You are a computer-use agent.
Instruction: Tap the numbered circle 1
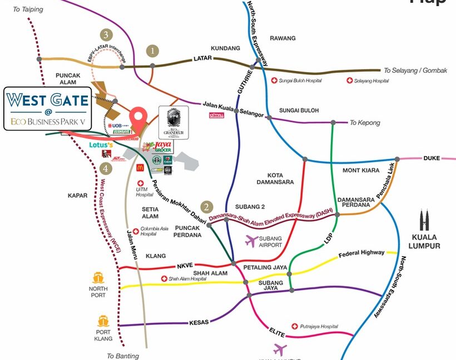pos(152,50)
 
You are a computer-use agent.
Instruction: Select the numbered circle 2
pos(206,207)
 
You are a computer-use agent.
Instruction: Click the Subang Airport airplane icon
pos(251,241)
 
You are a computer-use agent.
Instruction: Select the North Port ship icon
pos(98,277)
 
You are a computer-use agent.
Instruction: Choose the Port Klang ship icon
pos(103,321)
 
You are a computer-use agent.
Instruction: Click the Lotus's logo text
pos(101,145)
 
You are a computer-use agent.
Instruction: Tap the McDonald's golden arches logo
pos(140,167)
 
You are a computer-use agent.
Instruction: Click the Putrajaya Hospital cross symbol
pos(294,326)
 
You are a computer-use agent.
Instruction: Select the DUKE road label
pos(432,158)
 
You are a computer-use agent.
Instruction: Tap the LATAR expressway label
pos(202,58)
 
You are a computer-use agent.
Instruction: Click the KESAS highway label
pos(199,322)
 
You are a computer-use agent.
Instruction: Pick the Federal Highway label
pos(361,253)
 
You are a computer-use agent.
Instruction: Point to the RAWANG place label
pos(282,38)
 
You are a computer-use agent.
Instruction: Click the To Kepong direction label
pos(364,122)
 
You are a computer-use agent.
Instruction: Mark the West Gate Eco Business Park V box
pos(48,108)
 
